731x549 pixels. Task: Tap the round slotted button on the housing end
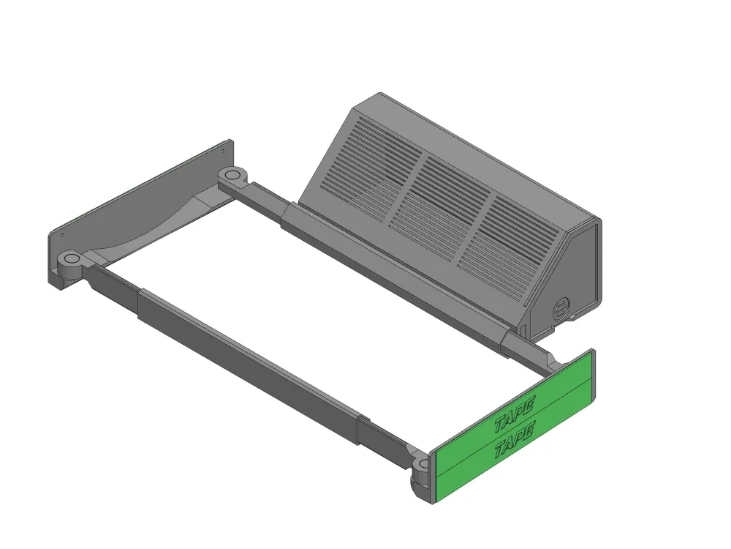pos(561,308)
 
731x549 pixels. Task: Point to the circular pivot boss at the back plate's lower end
pos(70,259)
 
